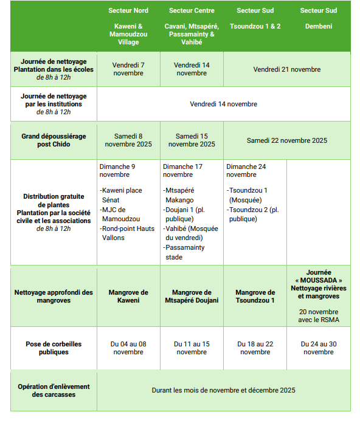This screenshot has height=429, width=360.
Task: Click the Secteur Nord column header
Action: click(x=128, y=11)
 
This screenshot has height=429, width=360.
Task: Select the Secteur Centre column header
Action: click(x=192, y=11)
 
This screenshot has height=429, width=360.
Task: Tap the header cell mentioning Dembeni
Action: click(x=318, y=27)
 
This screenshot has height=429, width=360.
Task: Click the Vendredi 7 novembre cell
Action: click(x=128, y=69)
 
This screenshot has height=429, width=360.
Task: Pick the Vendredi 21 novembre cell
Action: click(x=286, y=69)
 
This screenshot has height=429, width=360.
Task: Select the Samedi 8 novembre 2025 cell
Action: click(x=128, y=140)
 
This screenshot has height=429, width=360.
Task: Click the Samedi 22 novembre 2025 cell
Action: click(x=286, y=140)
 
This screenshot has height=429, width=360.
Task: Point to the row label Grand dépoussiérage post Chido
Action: click(x=54, y=140)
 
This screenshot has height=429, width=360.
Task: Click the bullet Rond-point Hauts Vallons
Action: click(x=128, y=233)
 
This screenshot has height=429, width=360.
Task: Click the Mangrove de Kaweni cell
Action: click(x=128, y=297)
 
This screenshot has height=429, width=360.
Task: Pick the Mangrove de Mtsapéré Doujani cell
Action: click(x=192, y=297)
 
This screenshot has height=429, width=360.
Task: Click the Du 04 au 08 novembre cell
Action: click(x=128, y=348)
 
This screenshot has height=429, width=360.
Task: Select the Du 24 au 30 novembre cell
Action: click(x=318, y=348)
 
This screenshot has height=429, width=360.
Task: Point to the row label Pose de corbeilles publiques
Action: click(x=54, y=348)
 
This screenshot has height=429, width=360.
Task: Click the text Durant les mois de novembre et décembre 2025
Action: click(x=223, y=390)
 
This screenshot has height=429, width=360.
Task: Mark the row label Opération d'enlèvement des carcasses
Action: click(x=54, y=390)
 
